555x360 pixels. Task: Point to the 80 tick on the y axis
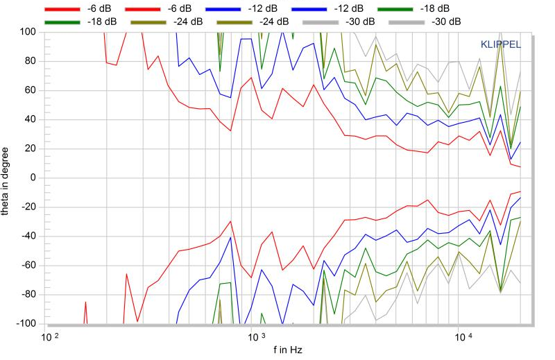click(30, 61)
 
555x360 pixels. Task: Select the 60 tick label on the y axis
click(30, 90)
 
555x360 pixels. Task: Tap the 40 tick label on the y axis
click(30, 119)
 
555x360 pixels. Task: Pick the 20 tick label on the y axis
click(30, 148)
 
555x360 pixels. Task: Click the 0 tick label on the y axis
click(32, 178)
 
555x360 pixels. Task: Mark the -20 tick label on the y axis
click(28, 207)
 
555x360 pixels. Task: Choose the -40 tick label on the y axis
click(28, 236)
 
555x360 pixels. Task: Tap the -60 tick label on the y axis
click(28, 266)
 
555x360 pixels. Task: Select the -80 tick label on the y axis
click(28, 295)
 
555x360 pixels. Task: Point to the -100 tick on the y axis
click(26, 324)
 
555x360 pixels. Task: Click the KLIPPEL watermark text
click(501, 44)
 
